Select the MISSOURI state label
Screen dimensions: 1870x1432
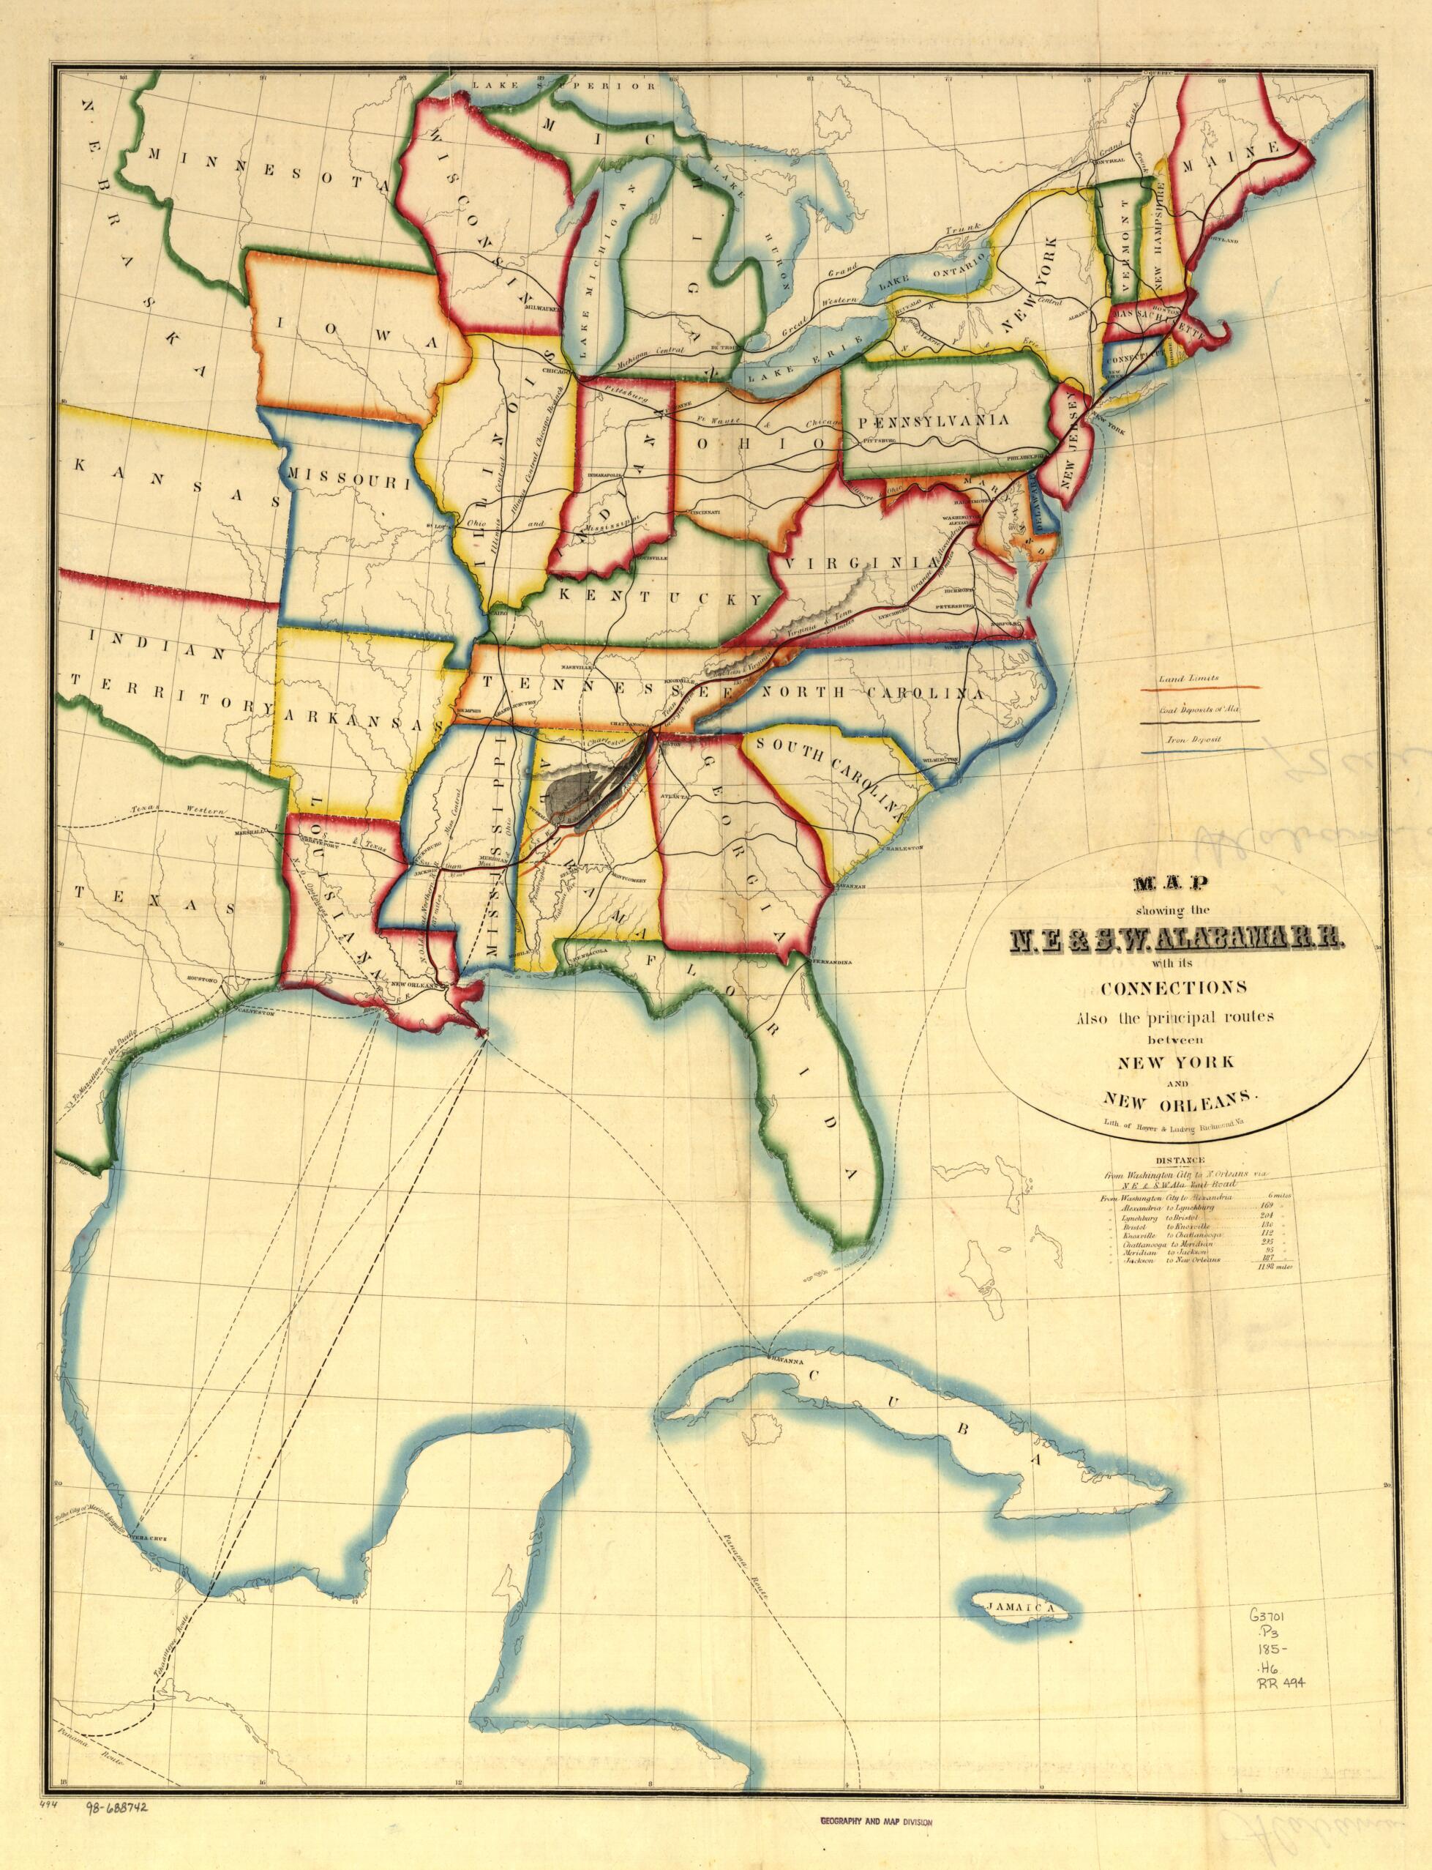[348, 477]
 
